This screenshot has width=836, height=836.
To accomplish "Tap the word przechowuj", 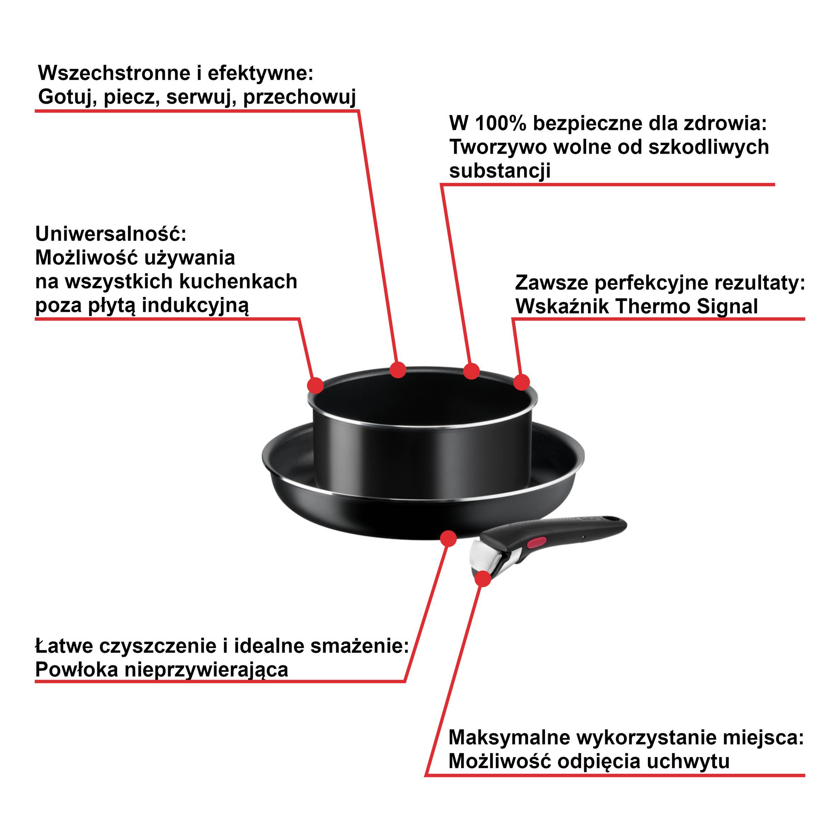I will coord(299,97).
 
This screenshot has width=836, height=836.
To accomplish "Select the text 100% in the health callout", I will coord(501,124).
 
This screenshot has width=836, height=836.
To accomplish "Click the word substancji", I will coord(500,171).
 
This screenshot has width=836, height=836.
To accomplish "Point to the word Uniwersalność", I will coord(110,235).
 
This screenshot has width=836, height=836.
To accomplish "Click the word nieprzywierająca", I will coord(206,670).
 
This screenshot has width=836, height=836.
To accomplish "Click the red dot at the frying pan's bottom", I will coord(448,538).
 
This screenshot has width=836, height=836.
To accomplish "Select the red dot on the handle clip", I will coord(483,579).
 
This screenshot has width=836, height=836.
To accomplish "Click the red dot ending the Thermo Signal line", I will coord(521,382).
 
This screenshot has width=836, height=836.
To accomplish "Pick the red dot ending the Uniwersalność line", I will coord(315,385).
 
